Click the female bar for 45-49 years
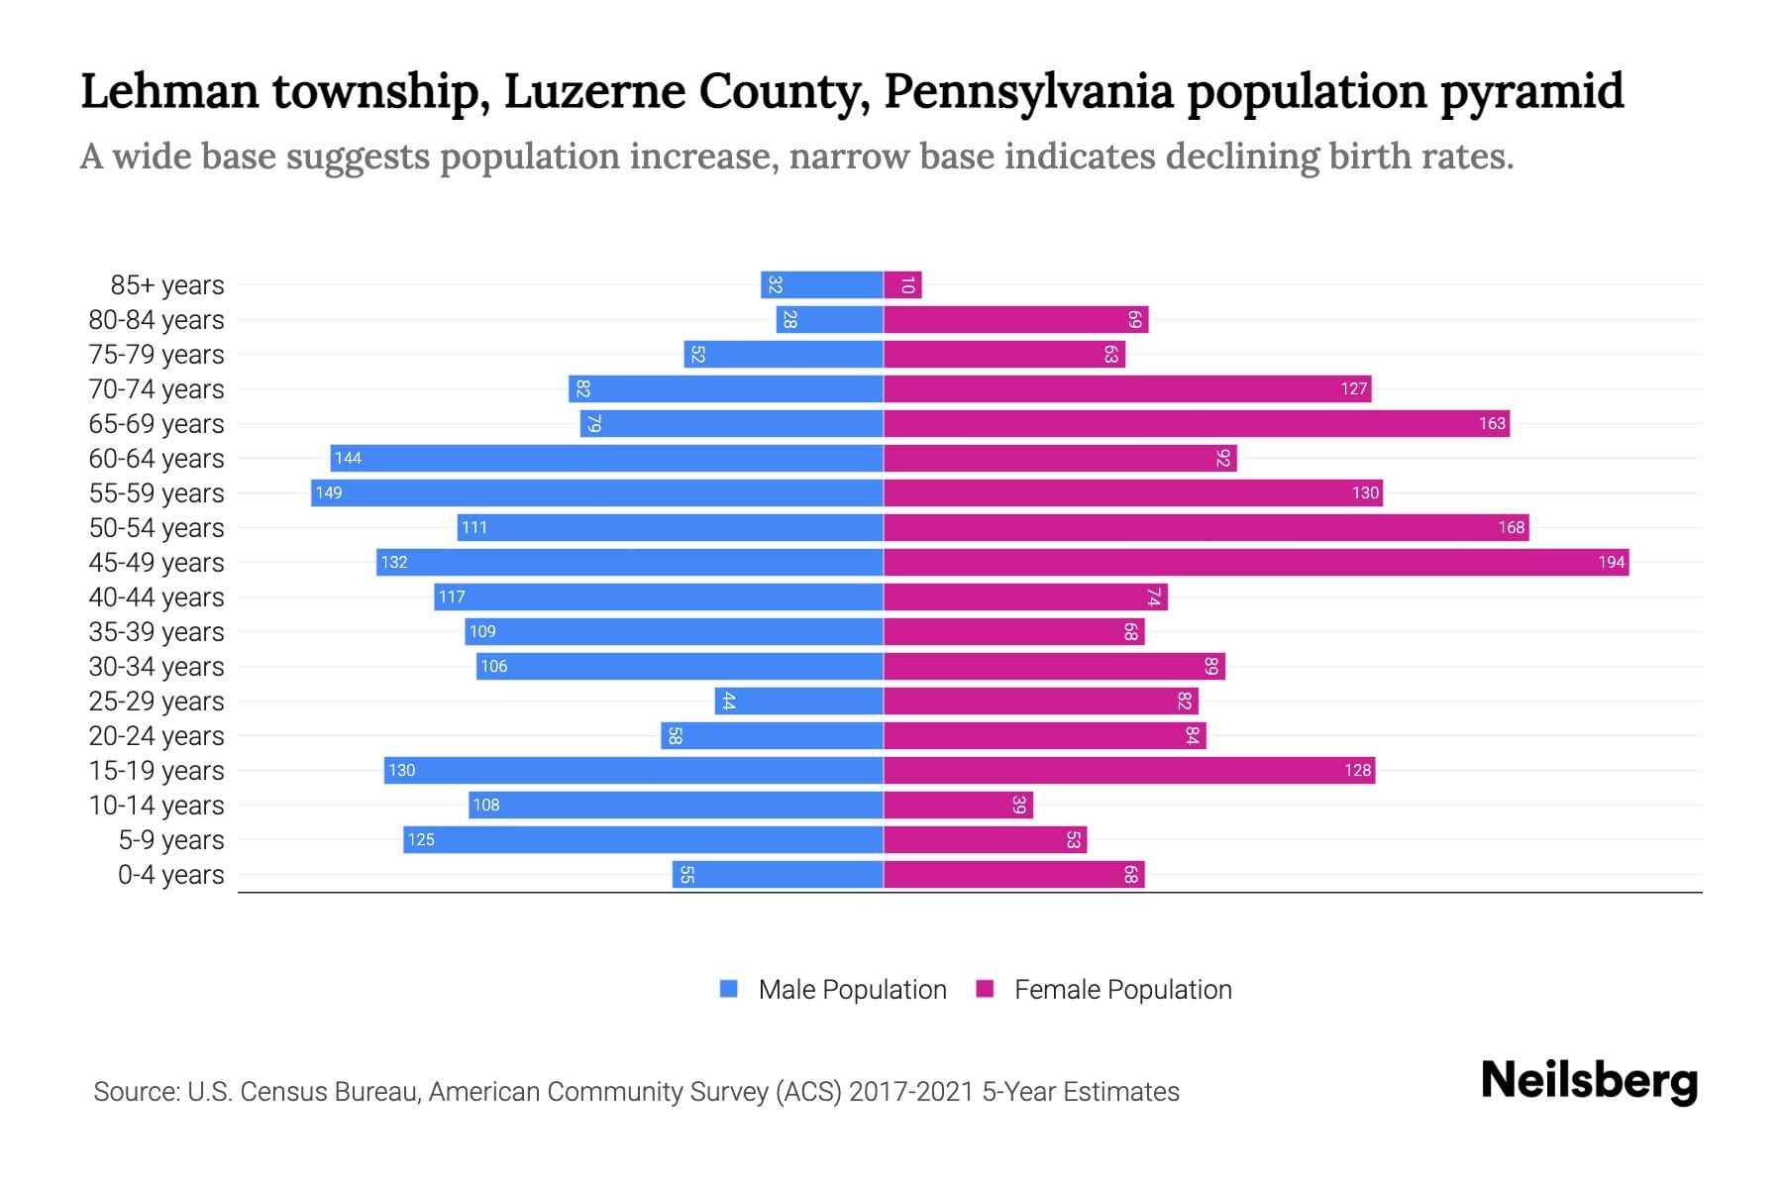point(1256,563)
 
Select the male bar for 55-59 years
point(597,493)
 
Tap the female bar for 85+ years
point(902,285)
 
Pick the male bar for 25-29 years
point(798,702)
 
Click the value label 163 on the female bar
point(1492,424)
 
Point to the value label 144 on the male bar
point(348,459)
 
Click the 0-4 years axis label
point(170,875)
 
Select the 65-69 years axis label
point(157,424)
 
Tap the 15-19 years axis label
point(157,771)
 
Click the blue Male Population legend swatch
point(729,989)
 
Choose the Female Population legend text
point(1122,990)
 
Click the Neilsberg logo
point(1589,1081)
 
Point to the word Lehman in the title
point(169,91)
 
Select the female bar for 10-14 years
point(958,806)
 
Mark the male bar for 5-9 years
point(643,840)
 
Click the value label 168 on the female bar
point(1511,528)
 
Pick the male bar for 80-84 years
point(829,320)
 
